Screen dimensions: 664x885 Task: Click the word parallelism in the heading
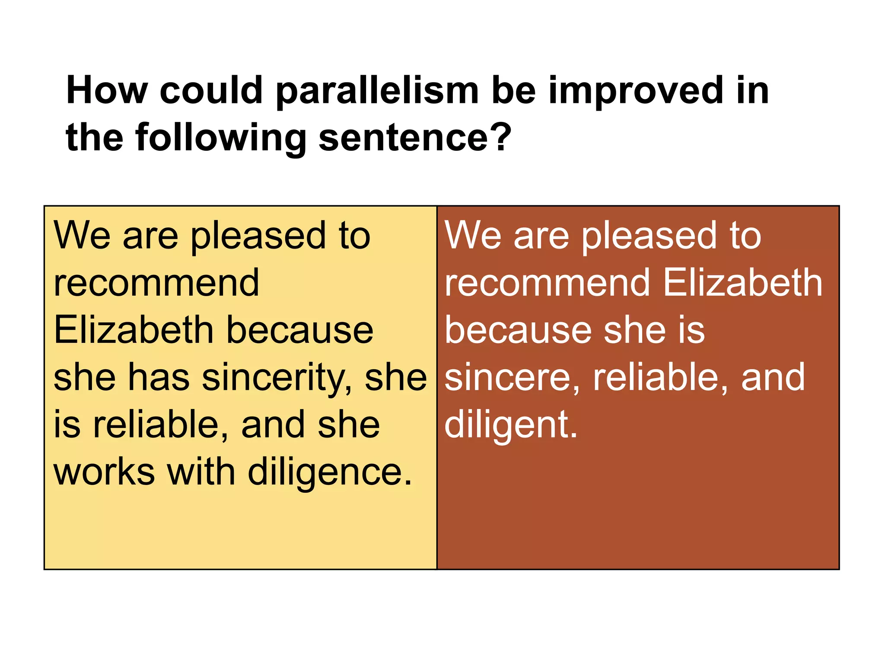point(377,91)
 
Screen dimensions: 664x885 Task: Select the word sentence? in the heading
point(415,138)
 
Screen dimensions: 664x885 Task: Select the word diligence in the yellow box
point(330,472)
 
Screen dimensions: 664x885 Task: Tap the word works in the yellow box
point(104,472)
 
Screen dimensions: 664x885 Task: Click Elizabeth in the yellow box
point(134,330)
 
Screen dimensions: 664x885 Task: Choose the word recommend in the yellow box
point(156,283)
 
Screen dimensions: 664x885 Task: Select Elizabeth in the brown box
point(742,283)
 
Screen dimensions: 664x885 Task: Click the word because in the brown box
point(517,330)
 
